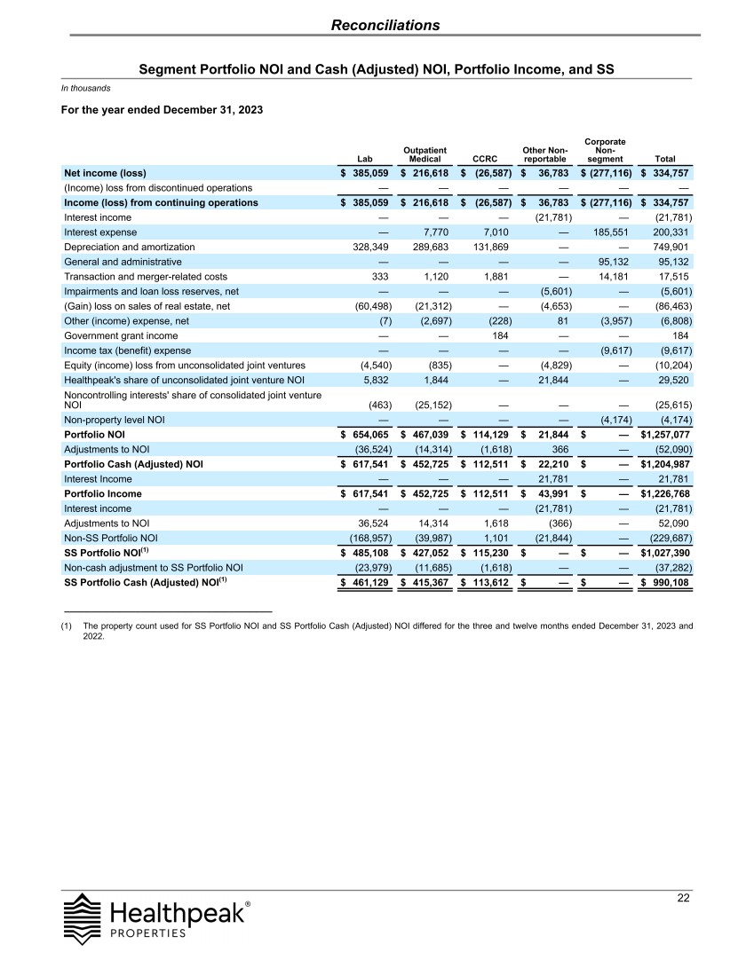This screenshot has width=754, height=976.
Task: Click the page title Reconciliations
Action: point(385,25)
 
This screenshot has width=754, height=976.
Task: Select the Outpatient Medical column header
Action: point(425,154)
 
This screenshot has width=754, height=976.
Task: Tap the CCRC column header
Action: point(486,160)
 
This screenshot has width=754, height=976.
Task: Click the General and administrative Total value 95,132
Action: point(671,262)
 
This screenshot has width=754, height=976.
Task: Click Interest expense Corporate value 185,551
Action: point(610,232)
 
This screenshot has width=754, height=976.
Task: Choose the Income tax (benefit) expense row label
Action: point(127,350)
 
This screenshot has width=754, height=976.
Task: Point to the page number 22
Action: point(683,898)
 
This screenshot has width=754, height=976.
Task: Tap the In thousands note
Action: point(85,87)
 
